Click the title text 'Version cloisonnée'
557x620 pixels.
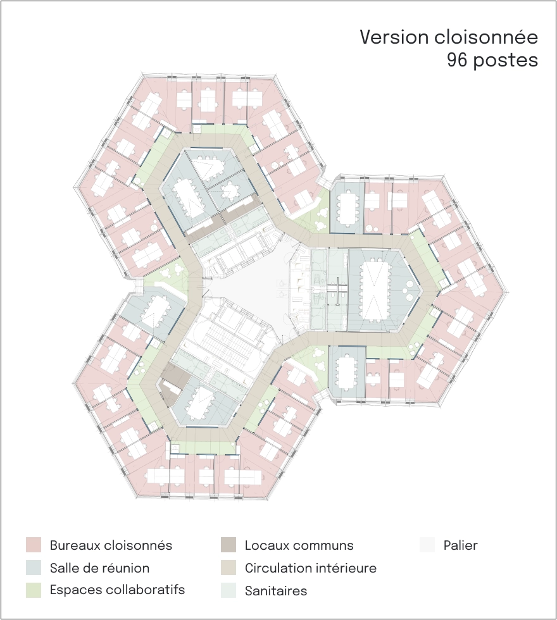(449, 37)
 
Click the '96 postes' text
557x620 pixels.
(492, 60)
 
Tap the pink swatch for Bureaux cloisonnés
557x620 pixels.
(34, 545)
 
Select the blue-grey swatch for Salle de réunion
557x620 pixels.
(34, 567)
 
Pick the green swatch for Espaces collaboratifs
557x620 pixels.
(34, 590)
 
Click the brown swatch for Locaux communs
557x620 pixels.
(228, 545)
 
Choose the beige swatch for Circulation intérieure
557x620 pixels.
(228, 567)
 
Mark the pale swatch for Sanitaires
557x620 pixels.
(228, 590)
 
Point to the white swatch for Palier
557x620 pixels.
(427, 545)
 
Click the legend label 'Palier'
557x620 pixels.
(461, 545)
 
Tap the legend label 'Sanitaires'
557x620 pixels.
(276, 591)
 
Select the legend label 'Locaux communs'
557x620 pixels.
(299, 545)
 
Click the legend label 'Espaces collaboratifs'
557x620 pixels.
(118, 590)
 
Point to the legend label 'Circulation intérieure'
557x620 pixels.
(311, 568)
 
